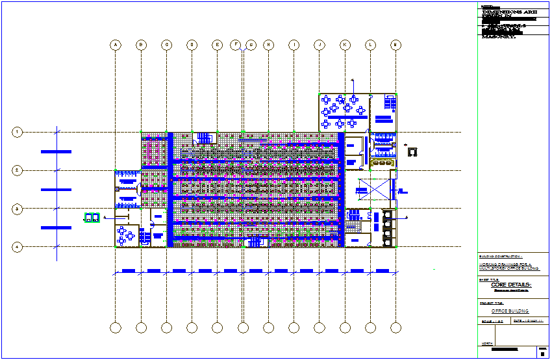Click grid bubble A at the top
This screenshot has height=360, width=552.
pos(115,45)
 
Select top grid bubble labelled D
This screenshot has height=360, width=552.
pos(192,45)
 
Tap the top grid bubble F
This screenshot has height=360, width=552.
pos(236,45)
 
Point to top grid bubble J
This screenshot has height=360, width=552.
pos(320,45)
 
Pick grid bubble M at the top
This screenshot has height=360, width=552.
pos(395,45)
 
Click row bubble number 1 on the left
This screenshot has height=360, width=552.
pos(18,132)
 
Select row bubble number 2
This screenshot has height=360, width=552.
pos(18,170)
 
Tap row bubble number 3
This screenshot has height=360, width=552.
pos(18,209)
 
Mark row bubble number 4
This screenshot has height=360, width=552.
pos(18,247)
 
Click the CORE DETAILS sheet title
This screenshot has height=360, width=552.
pos(511,285)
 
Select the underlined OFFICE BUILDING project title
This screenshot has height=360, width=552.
pos(510,311)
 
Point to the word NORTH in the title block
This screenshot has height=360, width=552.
pos(486,344)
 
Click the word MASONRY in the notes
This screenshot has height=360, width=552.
pos(498,36)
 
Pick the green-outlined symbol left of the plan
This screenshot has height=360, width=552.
pos(91,218)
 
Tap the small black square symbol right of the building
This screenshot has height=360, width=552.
pos(411,151)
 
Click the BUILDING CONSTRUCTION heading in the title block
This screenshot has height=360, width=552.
pos(501,257)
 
